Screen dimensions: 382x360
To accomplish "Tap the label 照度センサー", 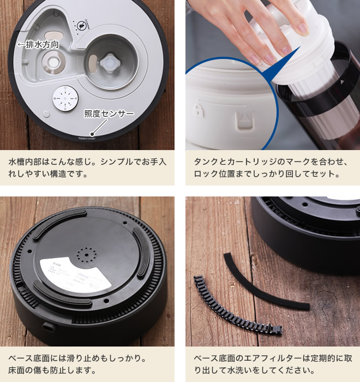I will point(109,114).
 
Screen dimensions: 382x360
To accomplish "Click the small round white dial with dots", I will point(64,98).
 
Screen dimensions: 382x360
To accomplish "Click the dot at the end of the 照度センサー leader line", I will point(92,133).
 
